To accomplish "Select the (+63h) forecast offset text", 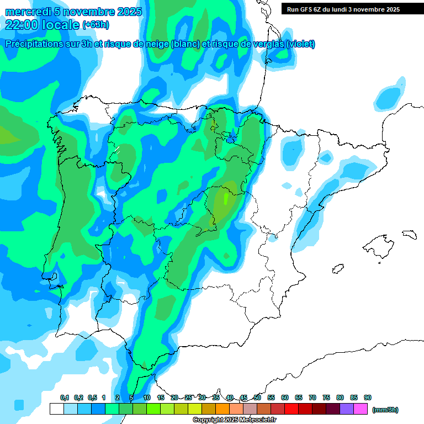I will coord(95,24).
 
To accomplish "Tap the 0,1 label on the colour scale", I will coord(64,397).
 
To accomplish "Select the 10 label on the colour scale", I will coord(147,397).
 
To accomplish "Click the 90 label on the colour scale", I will coord(368,397).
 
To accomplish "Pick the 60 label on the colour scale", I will coord(285,397).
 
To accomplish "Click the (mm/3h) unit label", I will coord(385,410).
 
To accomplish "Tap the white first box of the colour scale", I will coord(56,409).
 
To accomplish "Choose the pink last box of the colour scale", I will coord(361,409).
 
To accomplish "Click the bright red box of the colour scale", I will coord(291,409).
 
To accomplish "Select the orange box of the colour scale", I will coord(222,409).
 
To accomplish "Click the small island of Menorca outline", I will coord(409,234).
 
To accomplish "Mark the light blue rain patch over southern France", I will coord(390,97).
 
